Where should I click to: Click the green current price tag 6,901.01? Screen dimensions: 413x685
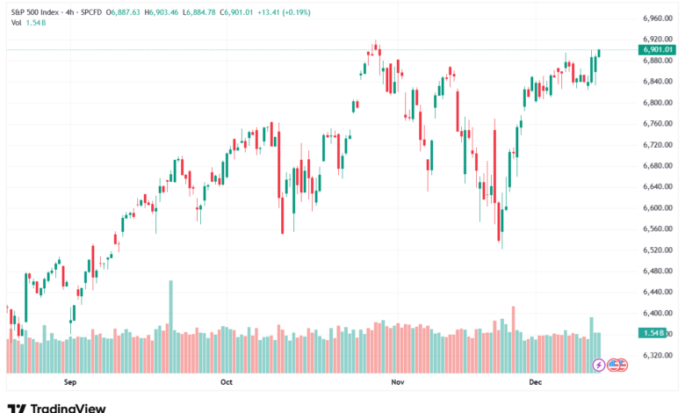658,50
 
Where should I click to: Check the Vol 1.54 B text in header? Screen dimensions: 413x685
28,21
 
